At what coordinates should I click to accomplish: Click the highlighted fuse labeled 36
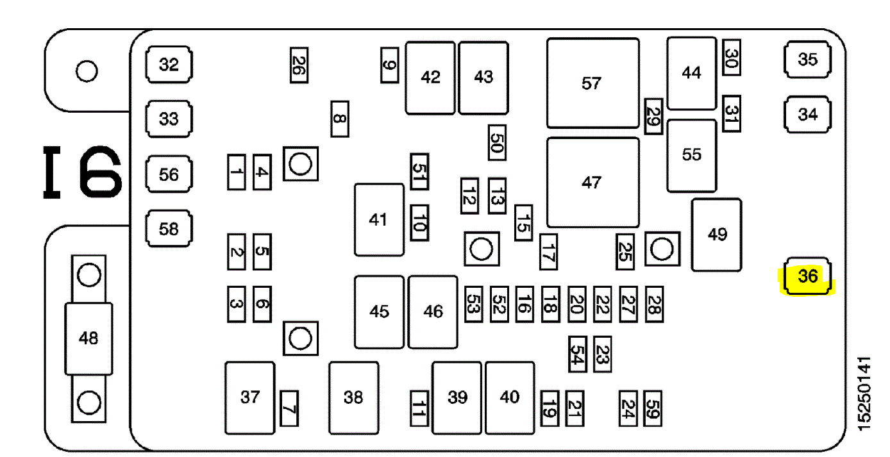[x=807, y=276]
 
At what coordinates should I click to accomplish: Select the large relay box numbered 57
[x=592, y=83]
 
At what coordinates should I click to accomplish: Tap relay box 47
[x=592, y=183]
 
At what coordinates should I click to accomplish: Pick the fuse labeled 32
[x=169, y=65]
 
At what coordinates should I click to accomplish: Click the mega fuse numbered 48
[x=88, y=338]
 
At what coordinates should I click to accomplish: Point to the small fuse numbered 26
[x=298, y=65]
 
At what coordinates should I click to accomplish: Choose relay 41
[x=379, y=220]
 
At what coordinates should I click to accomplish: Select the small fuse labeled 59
[x=653, y=408]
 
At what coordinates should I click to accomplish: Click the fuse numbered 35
[x=807, y=60]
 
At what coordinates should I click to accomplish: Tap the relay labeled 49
[x=716, y=235]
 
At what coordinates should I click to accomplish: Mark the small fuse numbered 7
[x=289, y=408]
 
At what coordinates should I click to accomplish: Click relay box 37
[x=249, y=397]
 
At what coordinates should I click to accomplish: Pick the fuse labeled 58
[x=169, y=229]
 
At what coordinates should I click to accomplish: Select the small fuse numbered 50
[x=497, y=142]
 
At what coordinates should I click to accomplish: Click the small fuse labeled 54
[x=577, y=354]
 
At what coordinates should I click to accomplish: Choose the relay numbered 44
[x=691, y=73]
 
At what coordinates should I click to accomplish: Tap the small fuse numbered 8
[x=339, y=119]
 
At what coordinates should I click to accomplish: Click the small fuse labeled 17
[x=548, y=251]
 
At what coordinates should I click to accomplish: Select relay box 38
[x=353, y=397]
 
